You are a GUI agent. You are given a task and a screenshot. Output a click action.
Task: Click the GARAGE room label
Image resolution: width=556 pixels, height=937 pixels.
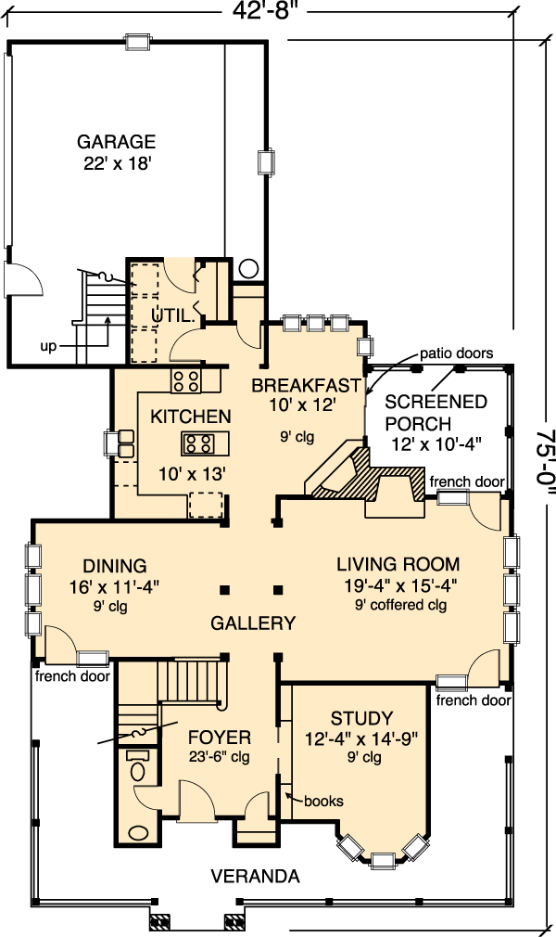coord(117,142)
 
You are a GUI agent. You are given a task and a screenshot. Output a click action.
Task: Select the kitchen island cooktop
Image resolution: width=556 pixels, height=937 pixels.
coord(197,443)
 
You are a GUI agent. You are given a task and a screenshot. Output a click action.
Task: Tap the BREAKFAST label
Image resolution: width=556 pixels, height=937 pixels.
coord(307,385)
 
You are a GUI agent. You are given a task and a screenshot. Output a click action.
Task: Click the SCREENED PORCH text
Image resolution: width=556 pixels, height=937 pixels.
coord(436,412)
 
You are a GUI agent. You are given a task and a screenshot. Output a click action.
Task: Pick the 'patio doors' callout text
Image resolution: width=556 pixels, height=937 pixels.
coord(456,353)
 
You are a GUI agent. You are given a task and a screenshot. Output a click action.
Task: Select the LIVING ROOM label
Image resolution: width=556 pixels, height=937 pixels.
coord(398,564)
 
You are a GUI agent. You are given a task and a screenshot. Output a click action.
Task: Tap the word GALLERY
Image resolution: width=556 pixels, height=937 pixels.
coord(253,623)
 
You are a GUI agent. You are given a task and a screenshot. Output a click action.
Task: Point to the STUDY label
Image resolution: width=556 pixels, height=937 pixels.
coord(362,718)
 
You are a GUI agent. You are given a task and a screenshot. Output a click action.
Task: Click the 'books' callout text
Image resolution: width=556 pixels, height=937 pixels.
coord(323,801)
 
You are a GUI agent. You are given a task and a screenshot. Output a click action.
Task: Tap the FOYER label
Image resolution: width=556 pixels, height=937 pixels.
coord(220,737)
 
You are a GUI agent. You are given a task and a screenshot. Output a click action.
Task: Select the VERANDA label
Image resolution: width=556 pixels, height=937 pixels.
coord(255,877)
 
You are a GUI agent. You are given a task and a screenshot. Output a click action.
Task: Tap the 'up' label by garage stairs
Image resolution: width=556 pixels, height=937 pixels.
coord(48,347)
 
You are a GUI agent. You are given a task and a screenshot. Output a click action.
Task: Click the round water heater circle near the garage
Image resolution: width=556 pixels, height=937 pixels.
coord(248,269)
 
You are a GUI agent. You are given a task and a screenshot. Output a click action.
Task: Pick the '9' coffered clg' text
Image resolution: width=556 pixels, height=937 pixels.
coord(400,605)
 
